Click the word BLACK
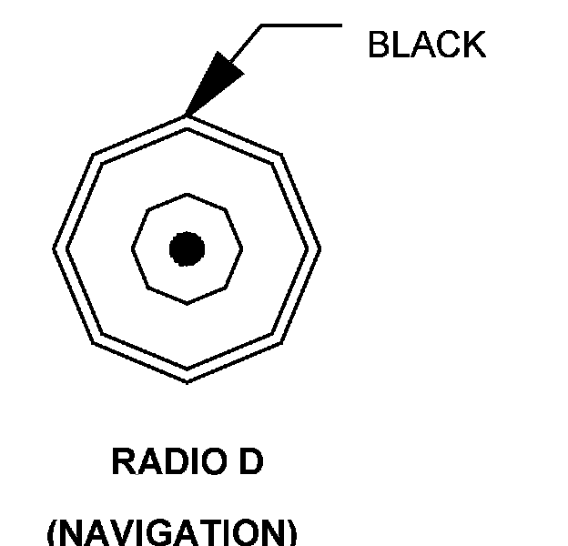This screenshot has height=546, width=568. coord(426,44)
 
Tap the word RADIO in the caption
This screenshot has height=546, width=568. coord(161,462)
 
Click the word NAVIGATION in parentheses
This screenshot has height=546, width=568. coord(171,532)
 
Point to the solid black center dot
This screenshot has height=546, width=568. coord(187,248)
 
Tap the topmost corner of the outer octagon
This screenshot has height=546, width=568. coord(187,115)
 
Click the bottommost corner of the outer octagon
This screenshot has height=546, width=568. coord(187,382)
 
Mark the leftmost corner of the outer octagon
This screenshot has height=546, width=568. coord(54,248)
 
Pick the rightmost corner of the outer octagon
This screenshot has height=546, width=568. coord(320,248)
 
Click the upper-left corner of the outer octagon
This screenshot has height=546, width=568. coord(93,154)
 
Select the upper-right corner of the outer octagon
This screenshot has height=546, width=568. coord(280,154)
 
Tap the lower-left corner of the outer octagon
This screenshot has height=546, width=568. coord(93,343)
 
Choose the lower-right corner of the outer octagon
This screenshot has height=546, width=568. coord(280,343)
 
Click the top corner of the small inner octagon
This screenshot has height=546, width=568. coord(187,193)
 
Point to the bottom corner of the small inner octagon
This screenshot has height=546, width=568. coord(187,304)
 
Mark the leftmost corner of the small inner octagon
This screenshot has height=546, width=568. coord(132,248)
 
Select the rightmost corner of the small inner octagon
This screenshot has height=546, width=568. coord(243,248)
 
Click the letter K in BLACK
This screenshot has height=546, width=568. coord(473,44)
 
